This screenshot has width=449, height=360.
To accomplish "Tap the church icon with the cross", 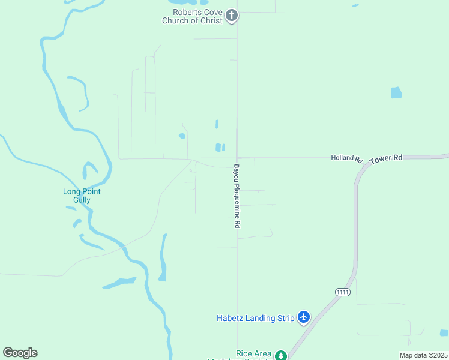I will [232, 16].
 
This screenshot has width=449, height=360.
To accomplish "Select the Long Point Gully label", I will [82, 196].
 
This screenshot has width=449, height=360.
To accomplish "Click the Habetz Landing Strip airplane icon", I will [304, 317].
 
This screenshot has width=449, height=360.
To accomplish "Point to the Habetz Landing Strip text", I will [256, 318].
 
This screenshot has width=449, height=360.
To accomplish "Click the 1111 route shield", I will [343, 292].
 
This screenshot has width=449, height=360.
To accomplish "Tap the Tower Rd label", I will [386, 159].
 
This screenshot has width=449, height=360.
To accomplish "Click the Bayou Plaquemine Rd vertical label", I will [237, 196].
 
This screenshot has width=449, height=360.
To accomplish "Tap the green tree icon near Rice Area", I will [280, 356].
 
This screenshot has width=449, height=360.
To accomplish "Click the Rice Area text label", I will [253, 354].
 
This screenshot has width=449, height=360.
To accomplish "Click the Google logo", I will [20, 353].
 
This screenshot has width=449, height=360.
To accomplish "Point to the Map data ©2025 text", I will [423, 355].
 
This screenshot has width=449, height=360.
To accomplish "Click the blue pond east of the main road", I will [396, 93].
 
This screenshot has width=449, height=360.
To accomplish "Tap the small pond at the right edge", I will [444, 332].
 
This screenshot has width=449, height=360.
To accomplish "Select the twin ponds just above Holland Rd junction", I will [220, 147].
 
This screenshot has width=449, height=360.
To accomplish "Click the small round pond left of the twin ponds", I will [182, 136].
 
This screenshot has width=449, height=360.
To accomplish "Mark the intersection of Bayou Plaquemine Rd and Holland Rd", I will [237, 158].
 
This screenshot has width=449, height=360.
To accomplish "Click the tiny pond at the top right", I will [356, 6].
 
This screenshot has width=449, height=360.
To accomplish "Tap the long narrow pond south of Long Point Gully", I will [162, 258].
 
